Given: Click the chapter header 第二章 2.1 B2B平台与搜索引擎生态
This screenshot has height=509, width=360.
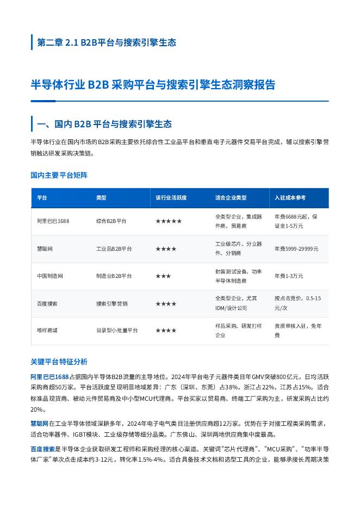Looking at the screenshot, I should pyautogui.click(x=106, y=42).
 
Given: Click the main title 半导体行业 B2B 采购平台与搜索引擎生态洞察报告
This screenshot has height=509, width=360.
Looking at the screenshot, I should pyautogui.click(x=153, y=85).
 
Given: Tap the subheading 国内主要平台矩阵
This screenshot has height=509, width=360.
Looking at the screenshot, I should pyautogui.click(x=59, y=175).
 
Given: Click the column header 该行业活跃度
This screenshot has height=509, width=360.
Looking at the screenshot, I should pyautogui.click(x=171, y=198).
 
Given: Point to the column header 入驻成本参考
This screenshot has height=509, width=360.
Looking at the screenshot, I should pyautogui.click(x=290, y=198).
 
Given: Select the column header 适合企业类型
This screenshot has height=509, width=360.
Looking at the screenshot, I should pyautogui.click(x=231, y=198).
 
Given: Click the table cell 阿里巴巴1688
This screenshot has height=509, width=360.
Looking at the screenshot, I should pyautogui.click(x=53, y=221).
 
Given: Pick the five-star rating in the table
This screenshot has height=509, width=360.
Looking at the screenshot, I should pyautogui.click(x=169, y=221).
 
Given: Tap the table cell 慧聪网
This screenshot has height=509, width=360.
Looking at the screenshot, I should pyautogui.click(x=45, y=249).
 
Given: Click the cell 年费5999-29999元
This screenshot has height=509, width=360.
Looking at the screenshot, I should pyautogui.click(x=296, y=249).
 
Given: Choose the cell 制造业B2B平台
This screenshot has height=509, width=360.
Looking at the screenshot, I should pyautogui.click(x=114, y=276).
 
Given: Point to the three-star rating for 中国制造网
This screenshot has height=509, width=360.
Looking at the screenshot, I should pyautogui.click(x=163, y=276).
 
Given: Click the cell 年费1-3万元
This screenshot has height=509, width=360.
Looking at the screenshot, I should pyautogui.click(x=289, y=276).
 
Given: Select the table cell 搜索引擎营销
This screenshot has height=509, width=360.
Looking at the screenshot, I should pyautogui.click(x=111, y=304).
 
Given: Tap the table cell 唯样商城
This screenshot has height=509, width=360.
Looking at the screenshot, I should pyautogui.click(x=47, y=331).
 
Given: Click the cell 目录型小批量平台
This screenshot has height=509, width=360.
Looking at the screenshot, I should pyautogui.click(x=117, y=331).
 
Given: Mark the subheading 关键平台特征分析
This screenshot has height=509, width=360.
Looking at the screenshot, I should pyautogui.click(x=59, y=362).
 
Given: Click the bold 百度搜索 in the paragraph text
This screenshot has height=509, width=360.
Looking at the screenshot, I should pyautogui.click(x=43, y=449).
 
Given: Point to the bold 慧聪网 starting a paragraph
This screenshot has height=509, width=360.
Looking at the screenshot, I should pyautogui.click(x=40, y=423).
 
